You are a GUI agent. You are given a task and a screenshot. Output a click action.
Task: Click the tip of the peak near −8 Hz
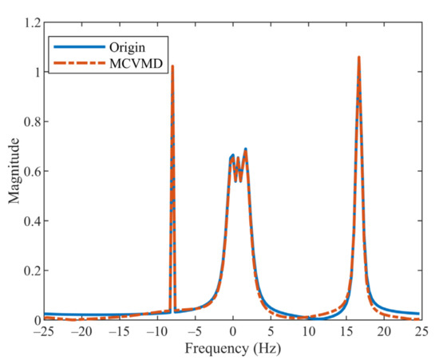point(172,66)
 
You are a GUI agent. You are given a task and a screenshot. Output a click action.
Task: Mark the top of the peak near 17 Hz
point(358,57)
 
